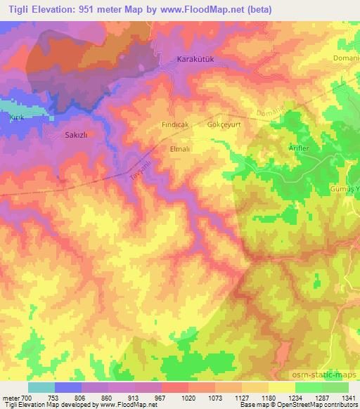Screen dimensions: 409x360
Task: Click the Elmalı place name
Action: pyautogui.click(x=181, y=149)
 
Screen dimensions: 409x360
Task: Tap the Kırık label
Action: pyautogui.click(x=15, y=117)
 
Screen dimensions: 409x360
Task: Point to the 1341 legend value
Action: pyautogui.click(x=347, y=398)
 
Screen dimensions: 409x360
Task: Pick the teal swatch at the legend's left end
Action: pyautogui.click(x=41, y=387)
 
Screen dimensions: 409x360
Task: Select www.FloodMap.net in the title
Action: pyautogui.click(x=209, y=10)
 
